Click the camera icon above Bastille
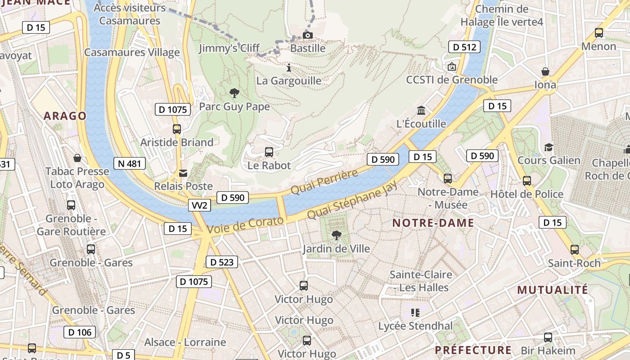point(308,35)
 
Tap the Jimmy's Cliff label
point(229,48)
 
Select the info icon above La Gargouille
point(289,67)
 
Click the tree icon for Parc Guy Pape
point(234,93)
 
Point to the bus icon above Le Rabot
point(269,152)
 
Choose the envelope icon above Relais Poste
point(183,173)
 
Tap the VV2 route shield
point(199,205)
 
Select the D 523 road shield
point(222,262)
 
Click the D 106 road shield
point(80,332)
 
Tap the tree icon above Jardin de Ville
point(336,235)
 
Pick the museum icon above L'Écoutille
point(421,110)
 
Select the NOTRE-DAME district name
point(433,223)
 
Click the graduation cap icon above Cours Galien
point(549,147)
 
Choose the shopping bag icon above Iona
point(545,72)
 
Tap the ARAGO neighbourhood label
point(65,116)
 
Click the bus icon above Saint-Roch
point(575,250)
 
